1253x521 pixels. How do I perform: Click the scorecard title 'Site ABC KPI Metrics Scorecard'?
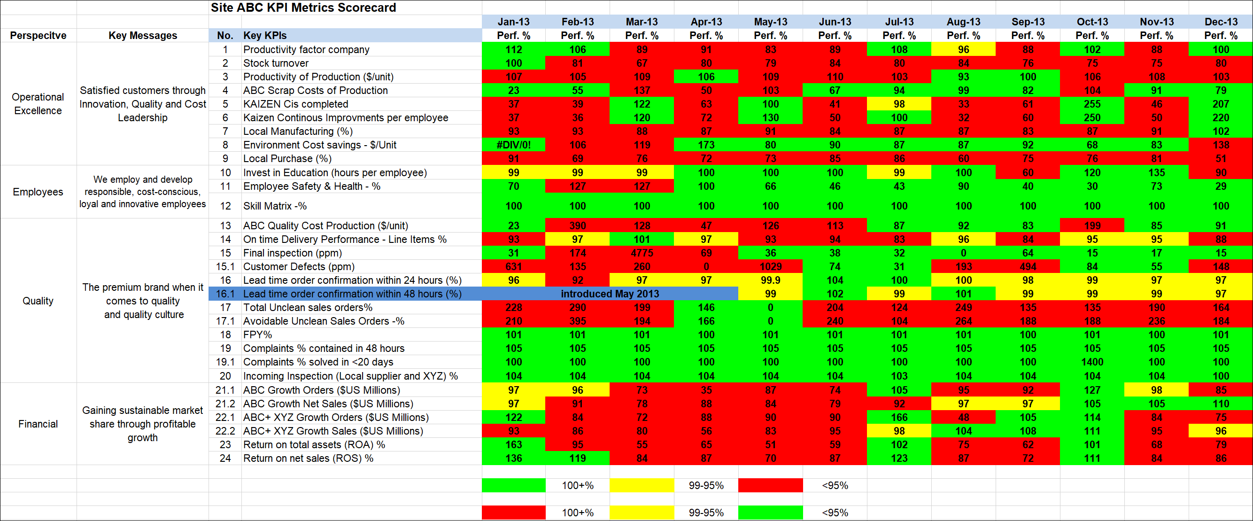[x=303, y=8]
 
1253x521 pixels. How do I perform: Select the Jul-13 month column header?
[x=899, y=22]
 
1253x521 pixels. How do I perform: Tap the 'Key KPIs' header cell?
[x=264, y=36]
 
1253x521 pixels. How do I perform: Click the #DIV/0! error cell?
[x=513, y=145]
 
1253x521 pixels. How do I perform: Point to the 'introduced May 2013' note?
[x=610, y=294]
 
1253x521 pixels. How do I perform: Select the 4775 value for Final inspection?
[x=642, y=253]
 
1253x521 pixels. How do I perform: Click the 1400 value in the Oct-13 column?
[x=1092, y=362]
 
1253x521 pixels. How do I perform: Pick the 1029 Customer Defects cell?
[x=771, y=266]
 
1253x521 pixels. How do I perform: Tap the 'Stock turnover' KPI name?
[x=276, y=63]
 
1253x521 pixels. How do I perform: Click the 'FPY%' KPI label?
[x=257, y=334]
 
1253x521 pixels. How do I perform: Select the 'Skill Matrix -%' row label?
[x=275, y=206]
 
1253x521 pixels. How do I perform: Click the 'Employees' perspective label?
[x=38, y=192]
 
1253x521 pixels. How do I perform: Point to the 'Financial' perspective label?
[x=38, y=424]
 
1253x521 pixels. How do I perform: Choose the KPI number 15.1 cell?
[x=225, y=266]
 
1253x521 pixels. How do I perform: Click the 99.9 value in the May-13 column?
[x=771, y=280]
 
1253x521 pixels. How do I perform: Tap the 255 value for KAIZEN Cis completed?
[x=1092, y=104]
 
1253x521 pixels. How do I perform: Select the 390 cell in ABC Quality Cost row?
[x=577, y=226]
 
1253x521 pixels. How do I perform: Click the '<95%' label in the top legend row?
[x=835, y=485]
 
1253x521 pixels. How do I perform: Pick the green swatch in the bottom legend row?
[x=771, y=512]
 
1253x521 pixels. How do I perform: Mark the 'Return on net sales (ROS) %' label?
[x=308, y=458]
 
